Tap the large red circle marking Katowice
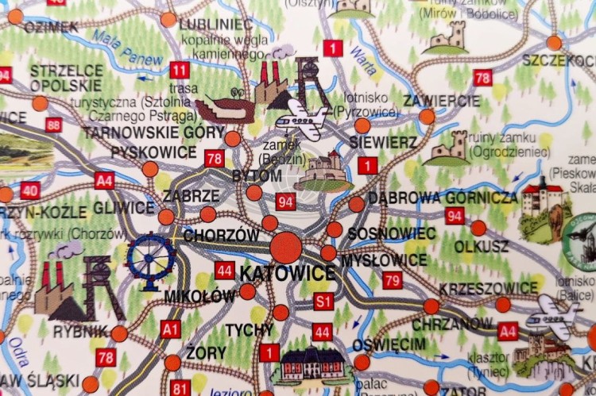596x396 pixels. pyautogui.click(x=286, y=247)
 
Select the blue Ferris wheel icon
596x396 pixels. pyautogui.click(x=151, y=260)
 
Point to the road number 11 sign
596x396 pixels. pyautogui.click(x=179, y=70)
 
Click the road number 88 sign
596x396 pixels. pyautogui.click(x=54, y=125)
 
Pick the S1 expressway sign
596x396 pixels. pyautogui.click(x=323, y=301)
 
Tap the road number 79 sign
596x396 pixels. pyautogui.click(x=392, y=279)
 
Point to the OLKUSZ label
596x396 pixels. pyautogui.click(x=481, y=246)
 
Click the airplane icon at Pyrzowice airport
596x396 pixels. pyautogui.click(x=300, y=119)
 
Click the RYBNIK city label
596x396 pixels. pyautogui.click(x=81, y=330)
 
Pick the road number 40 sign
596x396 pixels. pyautogui.click(x=30, y=190)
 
